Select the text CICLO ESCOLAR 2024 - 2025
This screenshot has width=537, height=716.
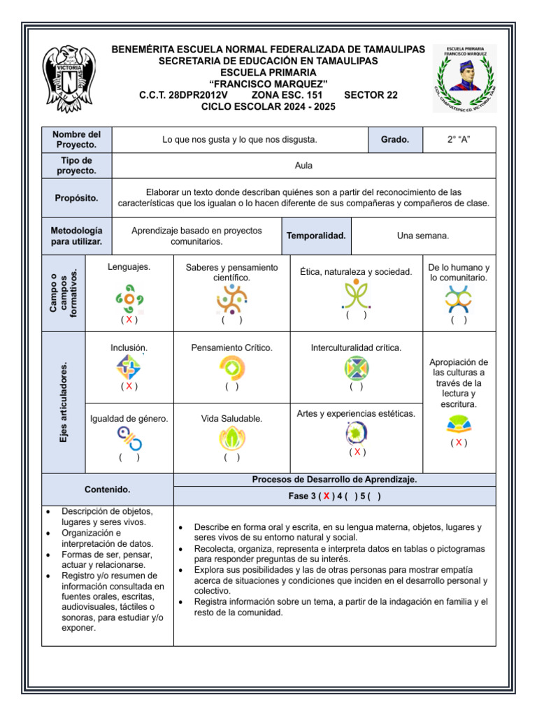point(268,107)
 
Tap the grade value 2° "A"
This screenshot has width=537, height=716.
point(459,140)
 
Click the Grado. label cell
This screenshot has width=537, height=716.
point(394,140)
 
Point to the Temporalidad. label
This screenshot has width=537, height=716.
point(316,236)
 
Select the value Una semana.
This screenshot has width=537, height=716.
point(423,236)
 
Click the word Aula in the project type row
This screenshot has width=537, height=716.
point(303,166)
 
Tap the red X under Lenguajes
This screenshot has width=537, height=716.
point(129,320)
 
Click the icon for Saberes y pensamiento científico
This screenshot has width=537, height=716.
point(231,299)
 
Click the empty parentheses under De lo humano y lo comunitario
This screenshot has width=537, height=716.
point(459,320)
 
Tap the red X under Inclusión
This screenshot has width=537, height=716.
point(129,386)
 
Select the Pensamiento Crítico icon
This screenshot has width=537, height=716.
point(231,366)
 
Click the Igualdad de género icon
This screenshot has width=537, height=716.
point(129,438)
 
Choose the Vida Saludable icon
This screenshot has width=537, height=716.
point(231,438)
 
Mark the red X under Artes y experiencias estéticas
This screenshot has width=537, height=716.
point(357,452)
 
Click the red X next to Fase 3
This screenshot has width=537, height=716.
point(326,496)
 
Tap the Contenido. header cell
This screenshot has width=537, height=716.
point(107,489)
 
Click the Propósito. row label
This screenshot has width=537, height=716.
point(77,198)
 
